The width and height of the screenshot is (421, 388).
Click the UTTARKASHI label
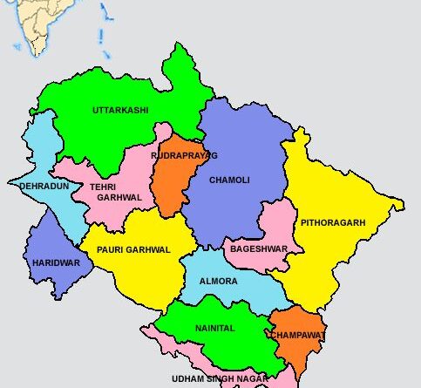pyautogui.click(x=120, y=111)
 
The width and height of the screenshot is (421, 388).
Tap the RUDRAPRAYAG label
pyautogui.click(x=184, y=154)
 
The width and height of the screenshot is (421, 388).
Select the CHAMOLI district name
pyautogui.click(x=229, y=180)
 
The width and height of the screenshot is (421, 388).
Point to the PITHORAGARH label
pyautogui.click(x=333, y=223)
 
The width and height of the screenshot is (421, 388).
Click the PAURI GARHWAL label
pyautogui.click(x=133, y=249)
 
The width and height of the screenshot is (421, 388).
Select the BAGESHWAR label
pyautogui.click(x=258, y=248)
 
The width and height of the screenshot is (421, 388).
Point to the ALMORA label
pyautogui.click(x=218, y=282)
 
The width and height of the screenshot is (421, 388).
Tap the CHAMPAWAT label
pyautogui.click(x=297, y=335)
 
